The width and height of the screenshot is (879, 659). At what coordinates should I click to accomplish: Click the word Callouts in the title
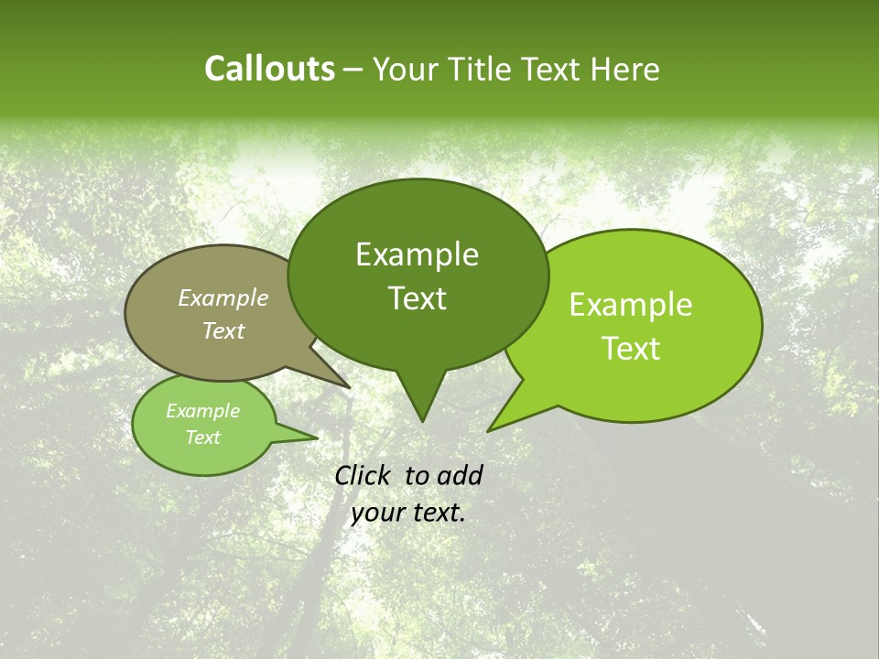pos(269,69)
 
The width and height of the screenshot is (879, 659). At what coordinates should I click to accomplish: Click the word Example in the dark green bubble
pos(417,254)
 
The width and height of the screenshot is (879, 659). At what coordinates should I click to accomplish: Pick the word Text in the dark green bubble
pos(417,298)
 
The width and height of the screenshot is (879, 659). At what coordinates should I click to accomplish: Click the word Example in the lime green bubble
pos(631,305)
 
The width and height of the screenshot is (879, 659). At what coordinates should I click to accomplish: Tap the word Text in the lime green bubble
pos(631,349)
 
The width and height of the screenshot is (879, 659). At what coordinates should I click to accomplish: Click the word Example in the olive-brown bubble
pos(222,297)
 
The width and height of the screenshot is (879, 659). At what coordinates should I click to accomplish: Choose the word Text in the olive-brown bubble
pos(222,330)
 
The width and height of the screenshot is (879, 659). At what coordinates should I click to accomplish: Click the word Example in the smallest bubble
pos(202,411)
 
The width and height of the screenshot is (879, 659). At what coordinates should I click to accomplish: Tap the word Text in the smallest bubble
pos(202,438)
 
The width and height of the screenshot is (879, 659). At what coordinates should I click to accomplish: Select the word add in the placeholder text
pos(460,475)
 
